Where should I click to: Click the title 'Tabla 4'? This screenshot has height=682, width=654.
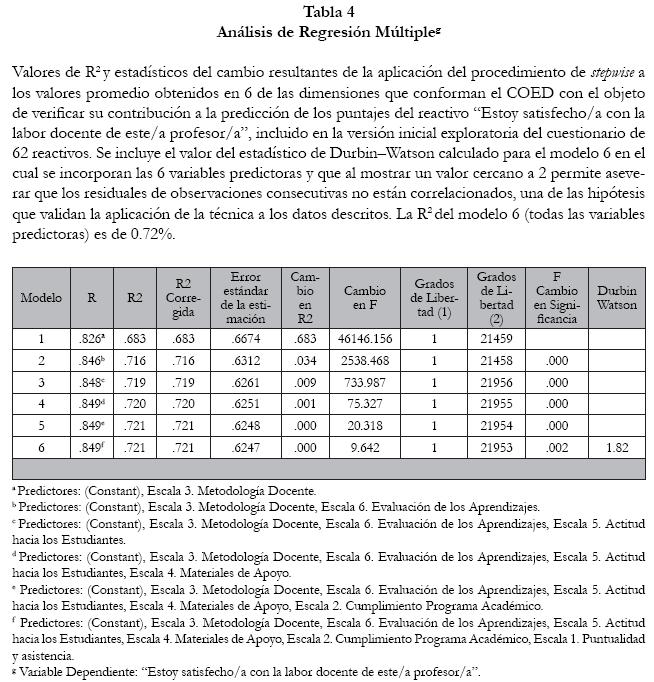[x=326, y=12]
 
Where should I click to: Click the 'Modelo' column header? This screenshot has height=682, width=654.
[x=41, y=297]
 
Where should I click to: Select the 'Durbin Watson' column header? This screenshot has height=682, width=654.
[x=617, y=297]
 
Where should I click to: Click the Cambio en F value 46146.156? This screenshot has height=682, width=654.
[x=364, y=338]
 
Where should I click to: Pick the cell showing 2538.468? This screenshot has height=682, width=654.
[x=364, y=360]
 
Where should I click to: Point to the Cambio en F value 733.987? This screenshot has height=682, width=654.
[x=364, y=382]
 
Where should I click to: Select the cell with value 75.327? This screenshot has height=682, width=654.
[x=364, y=404]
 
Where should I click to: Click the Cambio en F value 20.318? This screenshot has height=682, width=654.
[x=364, y=426]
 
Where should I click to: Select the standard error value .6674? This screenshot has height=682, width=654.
[x=245, y=338]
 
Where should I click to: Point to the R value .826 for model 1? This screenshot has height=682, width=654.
[x=91, y=338]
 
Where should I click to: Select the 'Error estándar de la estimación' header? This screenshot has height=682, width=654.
[x=245, y=297]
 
